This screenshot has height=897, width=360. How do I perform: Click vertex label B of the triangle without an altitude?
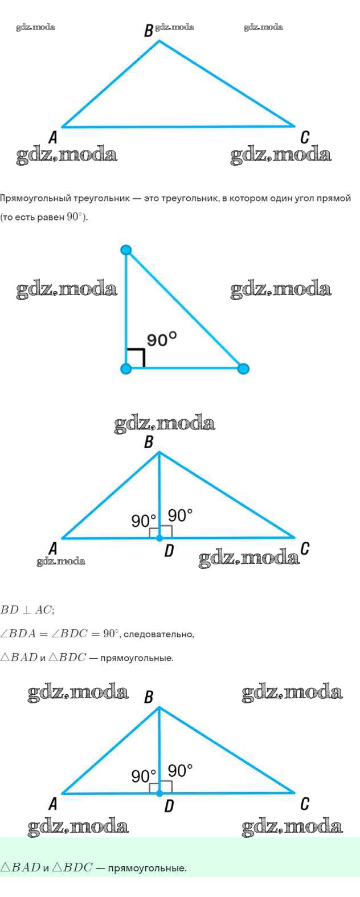pos(148,31)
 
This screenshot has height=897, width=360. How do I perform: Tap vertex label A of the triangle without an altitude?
pos(53,137)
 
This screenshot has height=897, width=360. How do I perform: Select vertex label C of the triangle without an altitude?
pos(305,137)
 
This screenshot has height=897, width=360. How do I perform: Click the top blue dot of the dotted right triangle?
pos(126,250)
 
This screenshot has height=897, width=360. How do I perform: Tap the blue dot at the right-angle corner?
pos(126,368)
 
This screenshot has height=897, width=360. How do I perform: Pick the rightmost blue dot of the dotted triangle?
pos(243,368)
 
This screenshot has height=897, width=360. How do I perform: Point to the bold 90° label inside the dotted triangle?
pos(162,339)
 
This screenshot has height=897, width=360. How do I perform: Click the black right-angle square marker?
pos(136,358)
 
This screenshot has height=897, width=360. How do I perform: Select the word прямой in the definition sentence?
pos(337,198)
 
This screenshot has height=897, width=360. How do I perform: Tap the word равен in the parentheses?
pos(51,218)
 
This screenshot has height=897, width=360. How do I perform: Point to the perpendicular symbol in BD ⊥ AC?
pos(27,610)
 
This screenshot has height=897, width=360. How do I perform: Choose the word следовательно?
pos(158,634)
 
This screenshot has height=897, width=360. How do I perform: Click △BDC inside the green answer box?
pos(72,868)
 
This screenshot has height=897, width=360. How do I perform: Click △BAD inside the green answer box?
pos(20,868)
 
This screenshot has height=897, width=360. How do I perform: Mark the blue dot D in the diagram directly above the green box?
pos(159,793)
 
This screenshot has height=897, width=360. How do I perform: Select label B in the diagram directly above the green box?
pos(149,697)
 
